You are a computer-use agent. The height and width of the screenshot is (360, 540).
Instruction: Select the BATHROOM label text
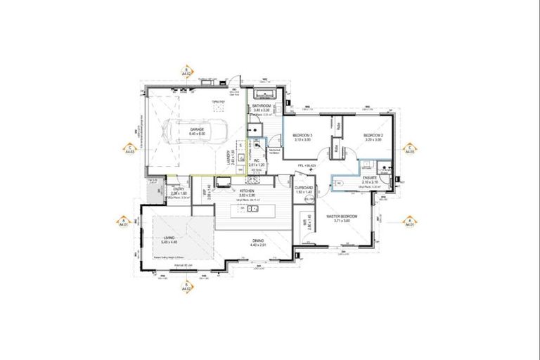266,106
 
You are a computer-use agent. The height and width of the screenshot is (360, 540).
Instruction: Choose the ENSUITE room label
369,179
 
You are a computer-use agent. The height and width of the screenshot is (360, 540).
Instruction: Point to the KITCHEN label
247,191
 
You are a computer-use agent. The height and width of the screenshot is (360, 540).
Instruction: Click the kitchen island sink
256,209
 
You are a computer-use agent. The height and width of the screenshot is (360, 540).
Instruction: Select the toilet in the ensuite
337,183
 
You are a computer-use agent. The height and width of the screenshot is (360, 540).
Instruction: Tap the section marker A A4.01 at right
409,222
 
